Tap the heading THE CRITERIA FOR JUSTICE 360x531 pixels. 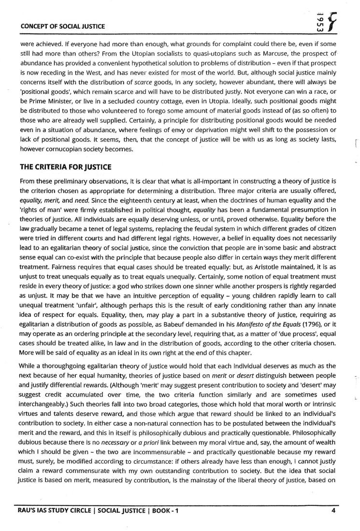pos(65,167)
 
